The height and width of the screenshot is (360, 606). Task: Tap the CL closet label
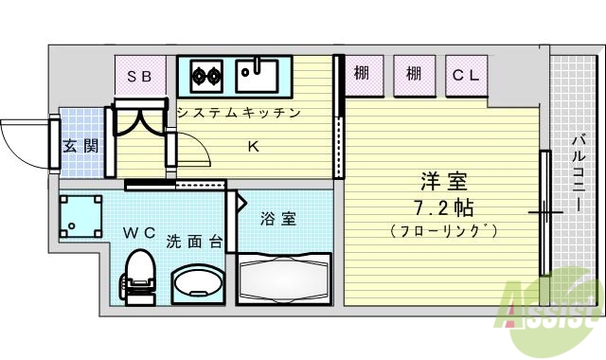click(464, 73)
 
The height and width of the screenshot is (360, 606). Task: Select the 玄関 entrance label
click(80, 146)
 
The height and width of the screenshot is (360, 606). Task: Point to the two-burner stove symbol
click(205, 73)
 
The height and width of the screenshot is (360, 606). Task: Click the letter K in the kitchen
click(254, 146)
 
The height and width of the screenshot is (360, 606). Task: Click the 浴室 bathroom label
click(278, 219)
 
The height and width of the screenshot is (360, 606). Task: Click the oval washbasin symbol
click(197, 282)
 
